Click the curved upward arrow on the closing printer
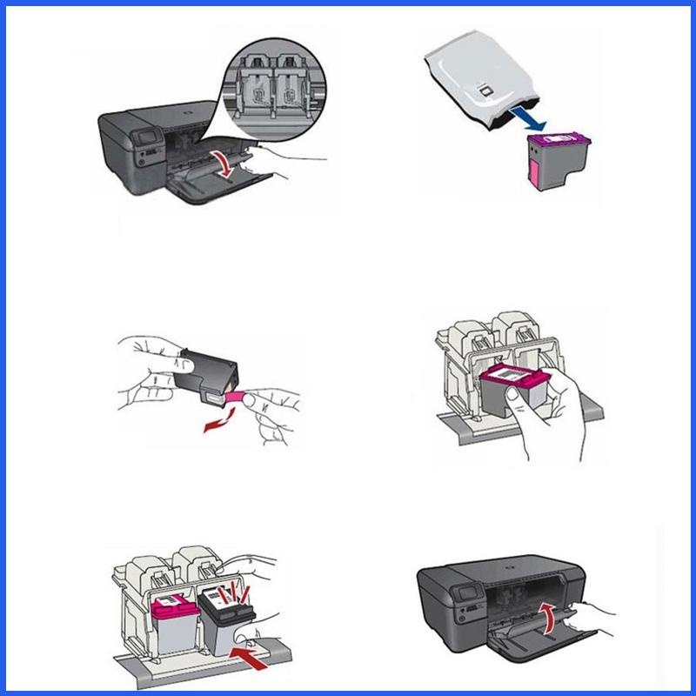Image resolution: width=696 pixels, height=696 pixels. [x=547, y=619]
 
